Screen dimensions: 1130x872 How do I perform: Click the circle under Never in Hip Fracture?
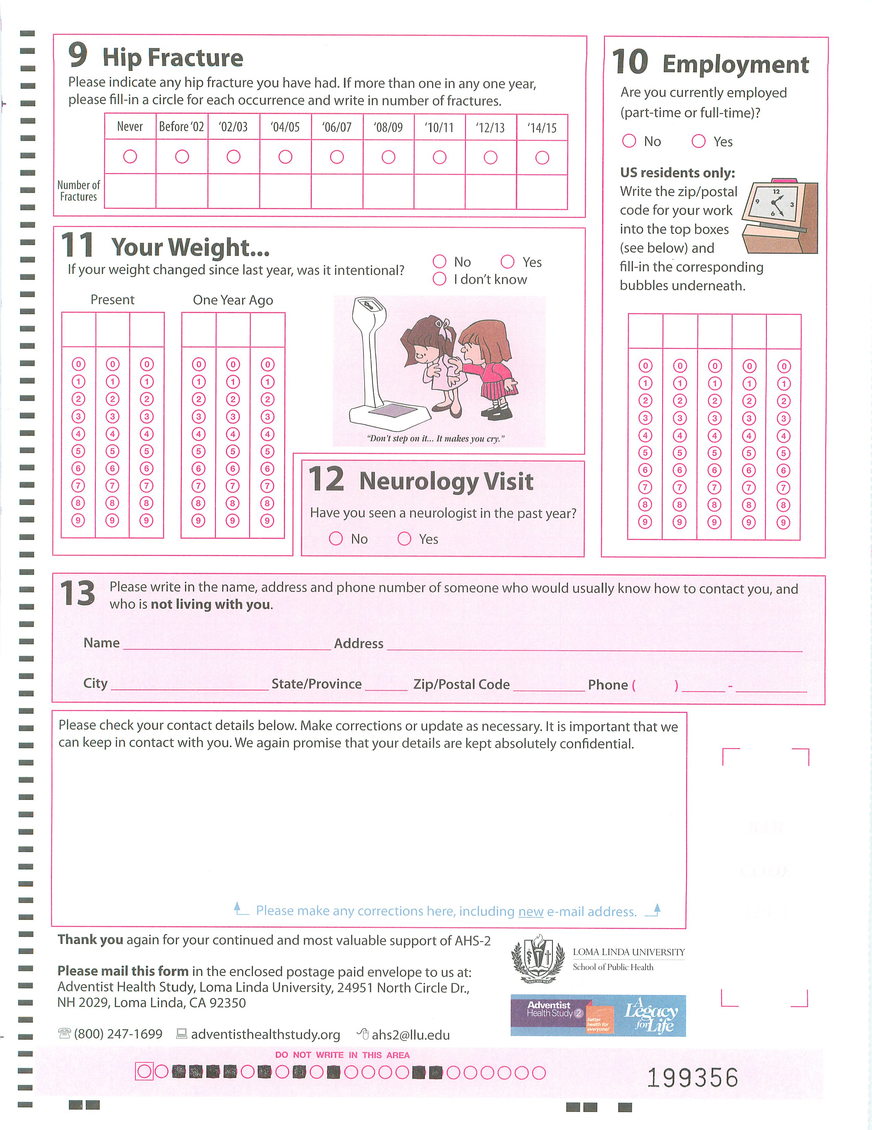pyautogui.click(x=130, y=156)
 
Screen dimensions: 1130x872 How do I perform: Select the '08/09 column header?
pyautogui.click(x=388, y=127)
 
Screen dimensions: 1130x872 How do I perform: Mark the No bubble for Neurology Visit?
pyautogui.click(x=336, y=539)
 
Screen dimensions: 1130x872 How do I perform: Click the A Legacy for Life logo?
pyautogui.click(x=650, y=1015)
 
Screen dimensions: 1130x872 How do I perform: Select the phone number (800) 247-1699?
pyautogui.click(x=118, y=1034)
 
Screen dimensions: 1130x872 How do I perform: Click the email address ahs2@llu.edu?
pyautogui.click(x=410, y=1035)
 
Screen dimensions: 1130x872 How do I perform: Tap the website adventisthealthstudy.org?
pyautogui.click(x=265, y=1034)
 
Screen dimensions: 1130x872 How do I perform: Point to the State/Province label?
pyautogui.click(x=316, y=684)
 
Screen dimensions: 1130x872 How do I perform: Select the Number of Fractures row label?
pyautogui.click(x=78, y=191)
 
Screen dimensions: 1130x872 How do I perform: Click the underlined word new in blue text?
pyautogui.click(x=531, y=911)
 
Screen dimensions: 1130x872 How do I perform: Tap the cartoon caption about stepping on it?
pyautogui.click(x=435, y=439)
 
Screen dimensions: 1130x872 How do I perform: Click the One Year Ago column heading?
pyautogui.click(x=233, y=300)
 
